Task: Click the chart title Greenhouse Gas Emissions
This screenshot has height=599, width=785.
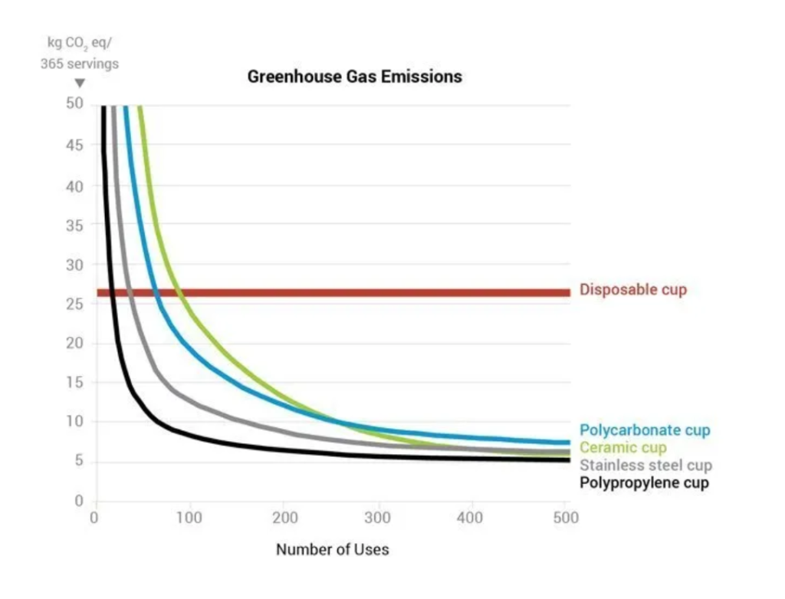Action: [354, 77]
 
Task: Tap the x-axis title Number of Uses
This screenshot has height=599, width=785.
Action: [332, 549]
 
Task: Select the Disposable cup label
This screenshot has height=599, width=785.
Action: [633, 290]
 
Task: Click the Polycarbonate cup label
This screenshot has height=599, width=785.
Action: [645, 430]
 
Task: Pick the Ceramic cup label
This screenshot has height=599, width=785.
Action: [623, 448]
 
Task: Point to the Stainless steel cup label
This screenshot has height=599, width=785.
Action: [645, 466]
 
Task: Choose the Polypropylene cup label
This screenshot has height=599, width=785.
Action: [644, 483]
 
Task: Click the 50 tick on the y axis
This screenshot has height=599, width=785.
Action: [74, 104]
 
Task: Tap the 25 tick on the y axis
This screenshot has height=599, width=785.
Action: [74, 304]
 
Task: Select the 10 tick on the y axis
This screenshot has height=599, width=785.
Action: [74, 422]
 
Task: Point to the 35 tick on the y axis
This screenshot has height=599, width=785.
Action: [74, 225]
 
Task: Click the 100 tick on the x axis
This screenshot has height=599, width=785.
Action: [189, 518]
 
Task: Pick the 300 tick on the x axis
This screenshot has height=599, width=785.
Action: [377, 518]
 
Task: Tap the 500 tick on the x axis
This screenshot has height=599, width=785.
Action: [566, 518]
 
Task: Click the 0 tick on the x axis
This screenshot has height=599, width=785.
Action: [94, 518]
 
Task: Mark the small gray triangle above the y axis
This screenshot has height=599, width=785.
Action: [79, 84]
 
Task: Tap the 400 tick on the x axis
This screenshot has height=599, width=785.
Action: [471, 518]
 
